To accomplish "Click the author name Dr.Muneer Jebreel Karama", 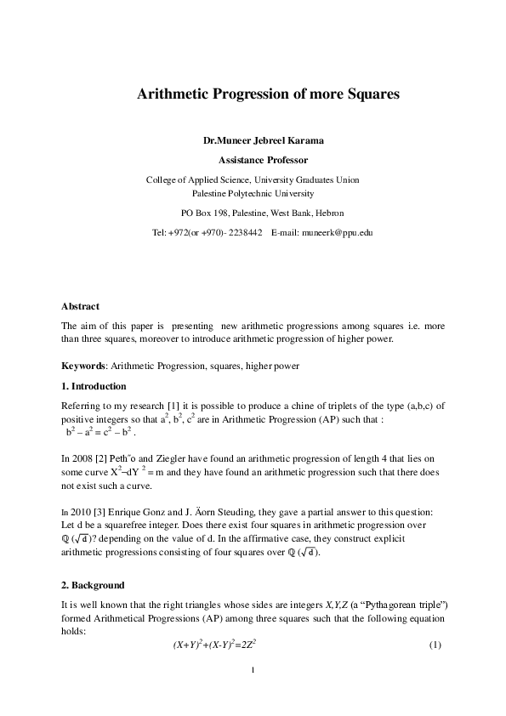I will [252, 139].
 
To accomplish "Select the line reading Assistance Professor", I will [252, 160].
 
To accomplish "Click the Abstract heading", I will [80, 306].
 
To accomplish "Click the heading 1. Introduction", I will [94, 387].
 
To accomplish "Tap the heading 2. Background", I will [94, 585].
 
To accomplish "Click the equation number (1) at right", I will [435, 645].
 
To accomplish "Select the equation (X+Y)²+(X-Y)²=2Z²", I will [215, 645].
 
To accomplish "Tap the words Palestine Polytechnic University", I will [253, 193].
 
